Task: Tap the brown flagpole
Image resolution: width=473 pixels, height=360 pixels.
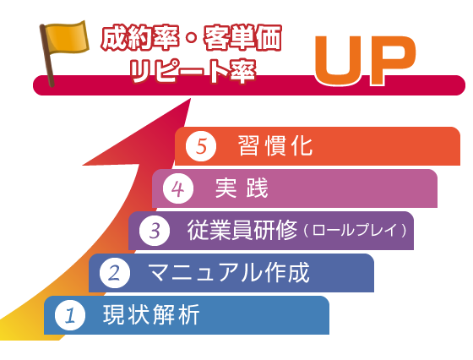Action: tap(47, 56)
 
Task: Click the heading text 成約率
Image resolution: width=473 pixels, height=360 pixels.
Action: tap(140, 38)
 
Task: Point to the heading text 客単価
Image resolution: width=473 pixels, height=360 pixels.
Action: tap(243, 38)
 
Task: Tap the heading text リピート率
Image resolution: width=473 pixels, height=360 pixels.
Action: tap(193, 71)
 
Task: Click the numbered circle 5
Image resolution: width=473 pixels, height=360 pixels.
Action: tap(201, 146)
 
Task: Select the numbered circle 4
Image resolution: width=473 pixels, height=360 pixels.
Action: tap(178, 188)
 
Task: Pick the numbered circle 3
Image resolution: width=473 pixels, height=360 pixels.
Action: tap(155, 231)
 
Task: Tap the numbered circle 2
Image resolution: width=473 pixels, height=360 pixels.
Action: tap(115, 273)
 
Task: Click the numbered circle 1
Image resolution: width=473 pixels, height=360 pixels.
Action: tap(70, 315)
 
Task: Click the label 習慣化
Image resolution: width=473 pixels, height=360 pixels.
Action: tap(275, 145)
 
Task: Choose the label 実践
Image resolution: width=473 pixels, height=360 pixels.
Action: tap(242, 188)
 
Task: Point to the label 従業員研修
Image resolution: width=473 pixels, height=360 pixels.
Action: tap(242, 230)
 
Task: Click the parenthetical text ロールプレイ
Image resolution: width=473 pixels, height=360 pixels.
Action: tap(356, 231)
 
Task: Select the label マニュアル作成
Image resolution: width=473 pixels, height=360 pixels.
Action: tap(229, 272)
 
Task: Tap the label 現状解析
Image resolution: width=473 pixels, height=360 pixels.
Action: tap(151, 314)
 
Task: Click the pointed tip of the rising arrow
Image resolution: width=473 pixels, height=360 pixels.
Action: tap(191, 98)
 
